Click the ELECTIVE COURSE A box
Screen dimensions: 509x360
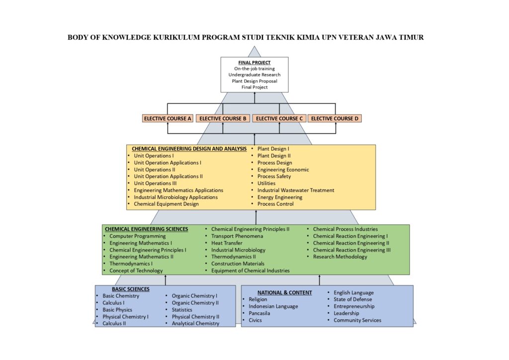(x=168, y=118)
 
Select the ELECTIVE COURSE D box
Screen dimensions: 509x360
(x=335, y=118)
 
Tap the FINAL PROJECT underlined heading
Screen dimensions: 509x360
(x=254, y=63)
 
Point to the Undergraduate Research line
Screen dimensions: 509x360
(x=254, y=75)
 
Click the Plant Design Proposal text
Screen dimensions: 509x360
(x=254, y=81)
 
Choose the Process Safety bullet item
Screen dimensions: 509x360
(x=274, y=176)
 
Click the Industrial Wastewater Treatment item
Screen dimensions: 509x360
(x=296, y=190)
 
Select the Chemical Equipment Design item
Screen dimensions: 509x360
(x=166, y=204)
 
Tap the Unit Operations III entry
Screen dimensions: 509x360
(x=155, y=183)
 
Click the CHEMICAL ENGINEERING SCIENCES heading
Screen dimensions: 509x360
(x=147, y=229)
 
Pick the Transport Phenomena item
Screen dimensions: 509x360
(x=237, y=236)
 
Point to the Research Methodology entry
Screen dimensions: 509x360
(x=340, y=257)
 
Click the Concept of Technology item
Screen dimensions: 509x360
(x=136, y=270)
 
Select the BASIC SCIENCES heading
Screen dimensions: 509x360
(x=131, y=289)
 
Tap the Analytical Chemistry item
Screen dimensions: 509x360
(x=195, y=323)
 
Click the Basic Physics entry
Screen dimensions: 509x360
(x=117, y=310)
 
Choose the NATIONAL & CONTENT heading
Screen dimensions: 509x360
(x=285, y=292)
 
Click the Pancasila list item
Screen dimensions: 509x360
(x=259, y=313)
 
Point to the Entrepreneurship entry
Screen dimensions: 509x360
(x=354, y=306)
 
